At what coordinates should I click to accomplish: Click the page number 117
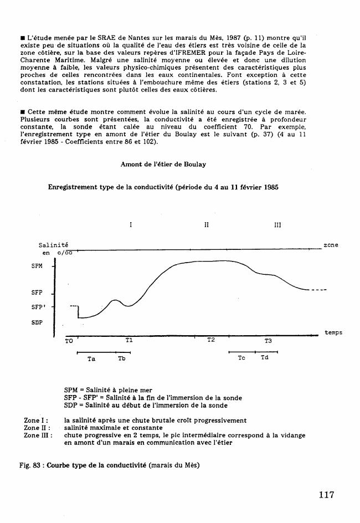(x=327, y=495)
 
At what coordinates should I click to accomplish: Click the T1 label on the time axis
(x=129, y=340)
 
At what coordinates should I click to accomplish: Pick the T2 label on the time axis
(x=211, y=340)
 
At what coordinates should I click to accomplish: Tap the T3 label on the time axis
(x=268, y=341)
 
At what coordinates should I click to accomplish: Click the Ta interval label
(x=91, y=359)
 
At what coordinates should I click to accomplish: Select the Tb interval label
(x=121, y=359)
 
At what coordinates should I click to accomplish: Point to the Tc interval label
(x=241, y=358)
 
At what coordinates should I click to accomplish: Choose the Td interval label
(x=265, y=358)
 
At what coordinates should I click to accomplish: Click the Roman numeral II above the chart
(x=206, y=225)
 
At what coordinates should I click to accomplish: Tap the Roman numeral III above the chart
(x=277, y=225)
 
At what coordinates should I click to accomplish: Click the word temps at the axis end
(x=333, y=332)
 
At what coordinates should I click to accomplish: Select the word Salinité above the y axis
(x=54, y=245)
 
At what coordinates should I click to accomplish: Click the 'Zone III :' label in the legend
(x=38, y=435)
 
